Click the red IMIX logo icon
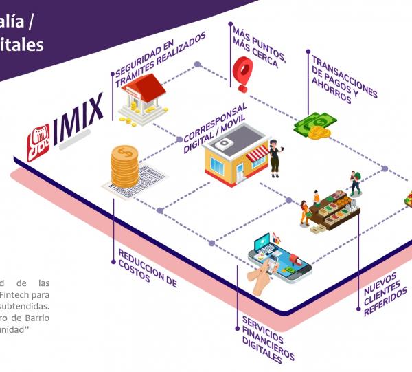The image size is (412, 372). (x=38, y=141)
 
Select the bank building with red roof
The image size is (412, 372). (x=143, y=97)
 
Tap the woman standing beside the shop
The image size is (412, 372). (x=275, y=157)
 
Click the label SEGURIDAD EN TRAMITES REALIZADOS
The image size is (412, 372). (x=159, y=58)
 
